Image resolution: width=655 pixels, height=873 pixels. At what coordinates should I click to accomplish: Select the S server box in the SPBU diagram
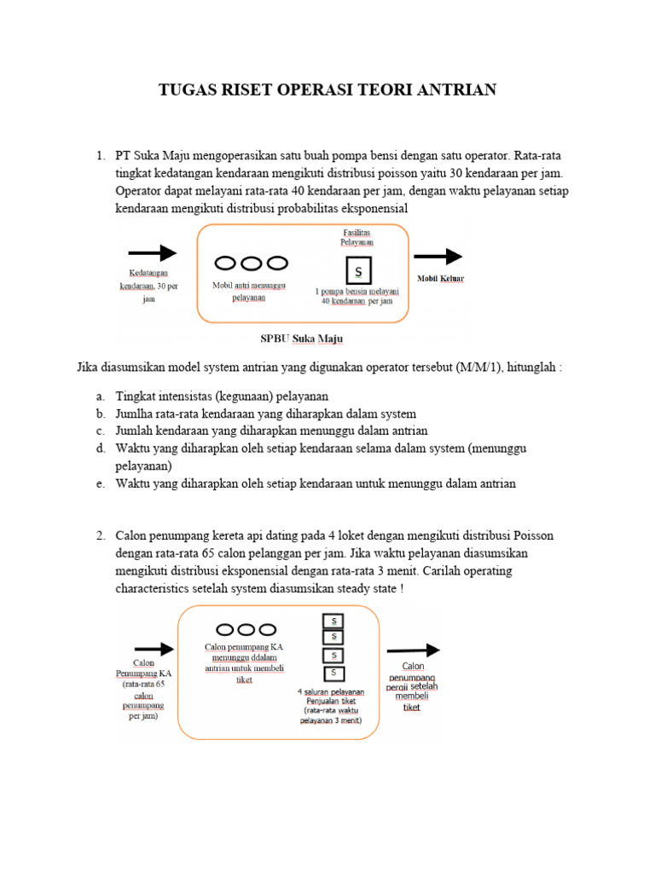(x=358, y=271)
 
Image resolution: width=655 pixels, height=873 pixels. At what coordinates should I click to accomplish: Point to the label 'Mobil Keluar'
(x=441, y=278)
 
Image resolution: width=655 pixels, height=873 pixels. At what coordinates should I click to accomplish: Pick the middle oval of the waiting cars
(x=252, y=263)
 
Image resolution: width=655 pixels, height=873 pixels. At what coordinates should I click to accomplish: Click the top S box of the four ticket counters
(x=333, y=620)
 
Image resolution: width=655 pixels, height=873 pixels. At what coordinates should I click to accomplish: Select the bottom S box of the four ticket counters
(x=333, y=673)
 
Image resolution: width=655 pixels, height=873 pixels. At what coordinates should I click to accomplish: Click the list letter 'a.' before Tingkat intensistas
(x=100, y=396)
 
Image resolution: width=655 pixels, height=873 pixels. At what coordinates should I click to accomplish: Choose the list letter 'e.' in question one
(x=100, y=483)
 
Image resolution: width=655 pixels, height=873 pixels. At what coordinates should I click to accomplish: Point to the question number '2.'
(x=101, y=535)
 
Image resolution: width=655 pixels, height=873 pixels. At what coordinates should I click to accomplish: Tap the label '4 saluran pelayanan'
(x=331, y=691)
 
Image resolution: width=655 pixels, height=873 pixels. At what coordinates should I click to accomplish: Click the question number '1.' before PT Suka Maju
(x=101, y=155)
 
